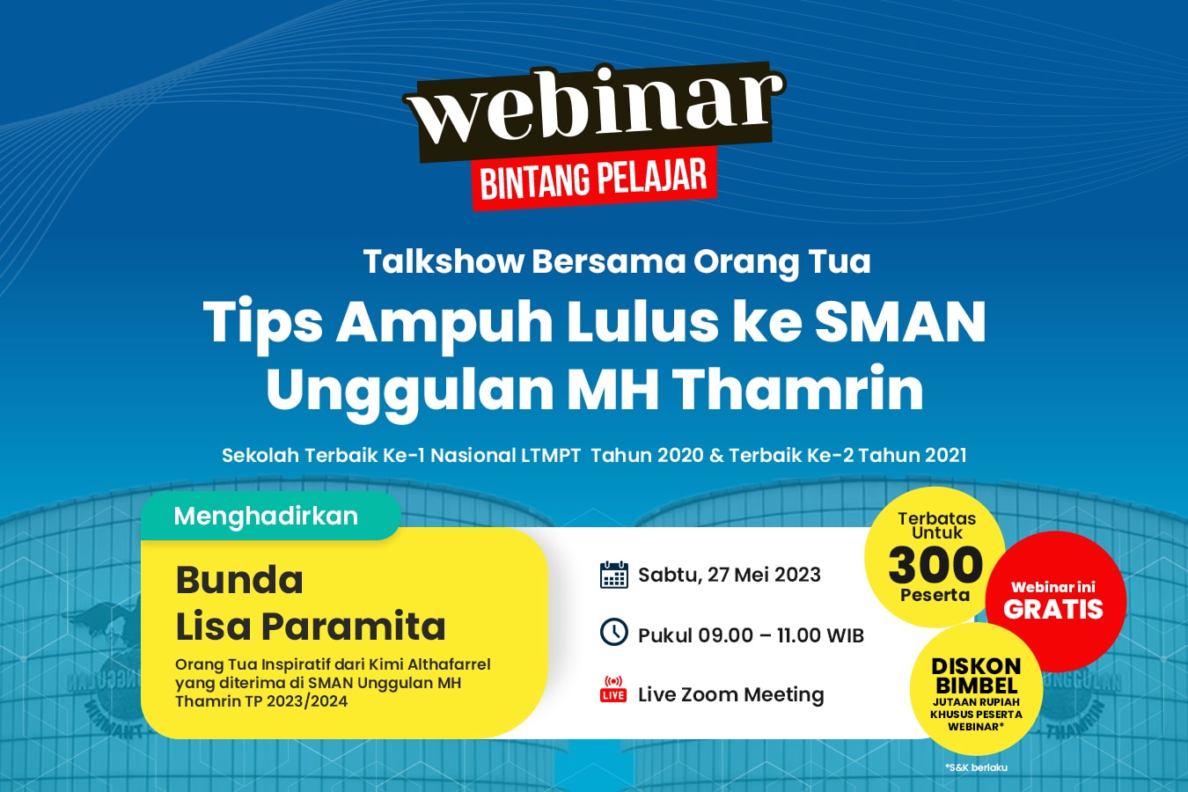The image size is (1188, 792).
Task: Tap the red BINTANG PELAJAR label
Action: click(594, 179)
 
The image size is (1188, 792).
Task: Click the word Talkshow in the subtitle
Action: click(444, 261)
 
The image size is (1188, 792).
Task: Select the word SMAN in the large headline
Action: click(900, 322)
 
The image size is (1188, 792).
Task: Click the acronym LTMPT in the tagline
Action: click(551, 455)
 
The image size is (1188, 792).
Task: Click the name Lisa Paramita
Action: click(311, 627)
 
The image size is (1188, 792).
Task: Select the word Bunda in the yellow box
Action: click(239, 580)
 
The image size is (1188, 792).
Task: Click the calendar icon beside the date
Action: click(614, 575)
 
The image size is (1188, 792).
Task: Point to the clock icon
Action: click(614, 632)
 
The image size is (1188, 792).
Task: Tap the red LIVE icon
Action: click(613, 688)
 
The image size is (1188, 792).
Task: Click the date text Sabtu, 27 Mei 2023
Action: click(730, 575)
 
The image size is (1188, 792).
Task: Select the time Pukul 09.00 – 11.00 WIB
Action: click(751, 635)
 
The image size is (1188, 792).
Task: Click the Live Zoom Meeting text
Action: click(730, 694)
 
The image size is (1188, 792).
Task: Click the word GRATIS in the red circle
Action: click(1053, 609)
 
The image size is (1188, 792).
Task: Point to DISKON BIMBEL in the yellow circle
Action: click(977, 675)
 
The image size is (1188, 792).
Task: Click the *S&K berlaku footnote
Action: click(977, 767)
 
